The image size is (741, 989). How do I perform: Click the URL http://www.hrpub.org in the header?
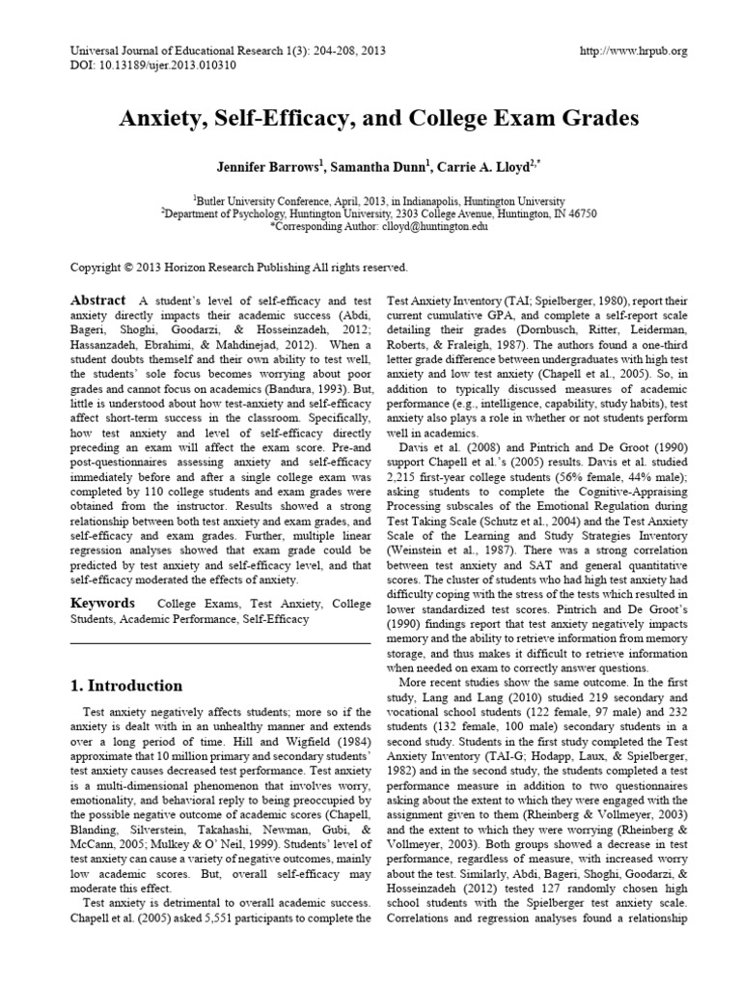(x=634, y=51)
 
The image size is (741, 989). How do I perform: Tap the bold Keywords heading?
(x=103, y=603)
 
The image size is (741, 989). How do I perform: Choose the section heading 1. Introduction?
(x=126, y=686)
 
